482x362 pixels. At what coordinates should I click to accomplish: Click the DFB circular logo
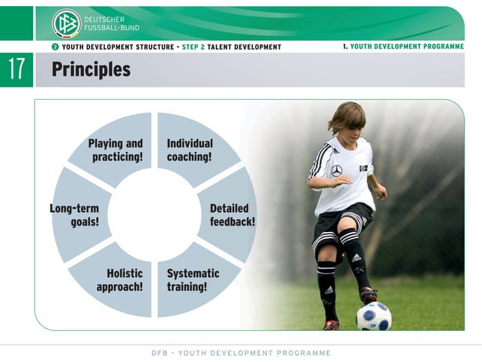pyautogui.click(x=66, y=23)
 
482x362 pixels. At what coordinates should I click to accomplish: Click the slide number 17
pyautogui.click(x=17, y=70)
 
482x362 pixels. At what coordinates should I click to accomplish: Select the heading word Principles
pyautogui.click(x=91, y=70)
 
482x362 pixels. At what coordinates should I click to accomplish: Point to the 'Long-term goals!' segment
pyautogui.click(x=76, y=215)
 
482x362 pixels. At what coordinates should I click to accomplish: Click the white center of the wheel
pyautogui.click(x=154, y=215)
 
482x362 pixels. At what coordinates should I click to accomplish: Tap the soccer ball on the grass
pyautogui.click(x=373, y=316)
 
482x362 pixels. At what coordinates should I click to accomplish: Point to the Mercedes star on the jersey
pyautogui.click(x=337, y=171)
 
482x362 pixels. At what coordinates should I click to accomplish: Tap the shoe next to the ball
pyautogui.click(x=368, y=295)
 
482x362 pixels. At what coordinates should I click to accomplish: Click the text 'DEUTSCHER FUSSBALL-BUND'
pyautogui.click(x=110, y=23)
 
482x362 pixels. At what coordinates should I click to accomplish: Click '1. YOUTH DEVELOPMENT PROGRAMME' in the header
pyautogui.click(x=403, y=46)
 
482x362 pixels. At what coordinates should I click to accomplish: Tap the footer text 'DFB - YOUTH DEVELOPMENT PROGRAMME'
pyautogui.click(x=241, y=353)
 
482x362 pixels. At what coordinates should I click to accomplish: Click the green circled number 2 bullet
pyautogui.click(x=55, y=47)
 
